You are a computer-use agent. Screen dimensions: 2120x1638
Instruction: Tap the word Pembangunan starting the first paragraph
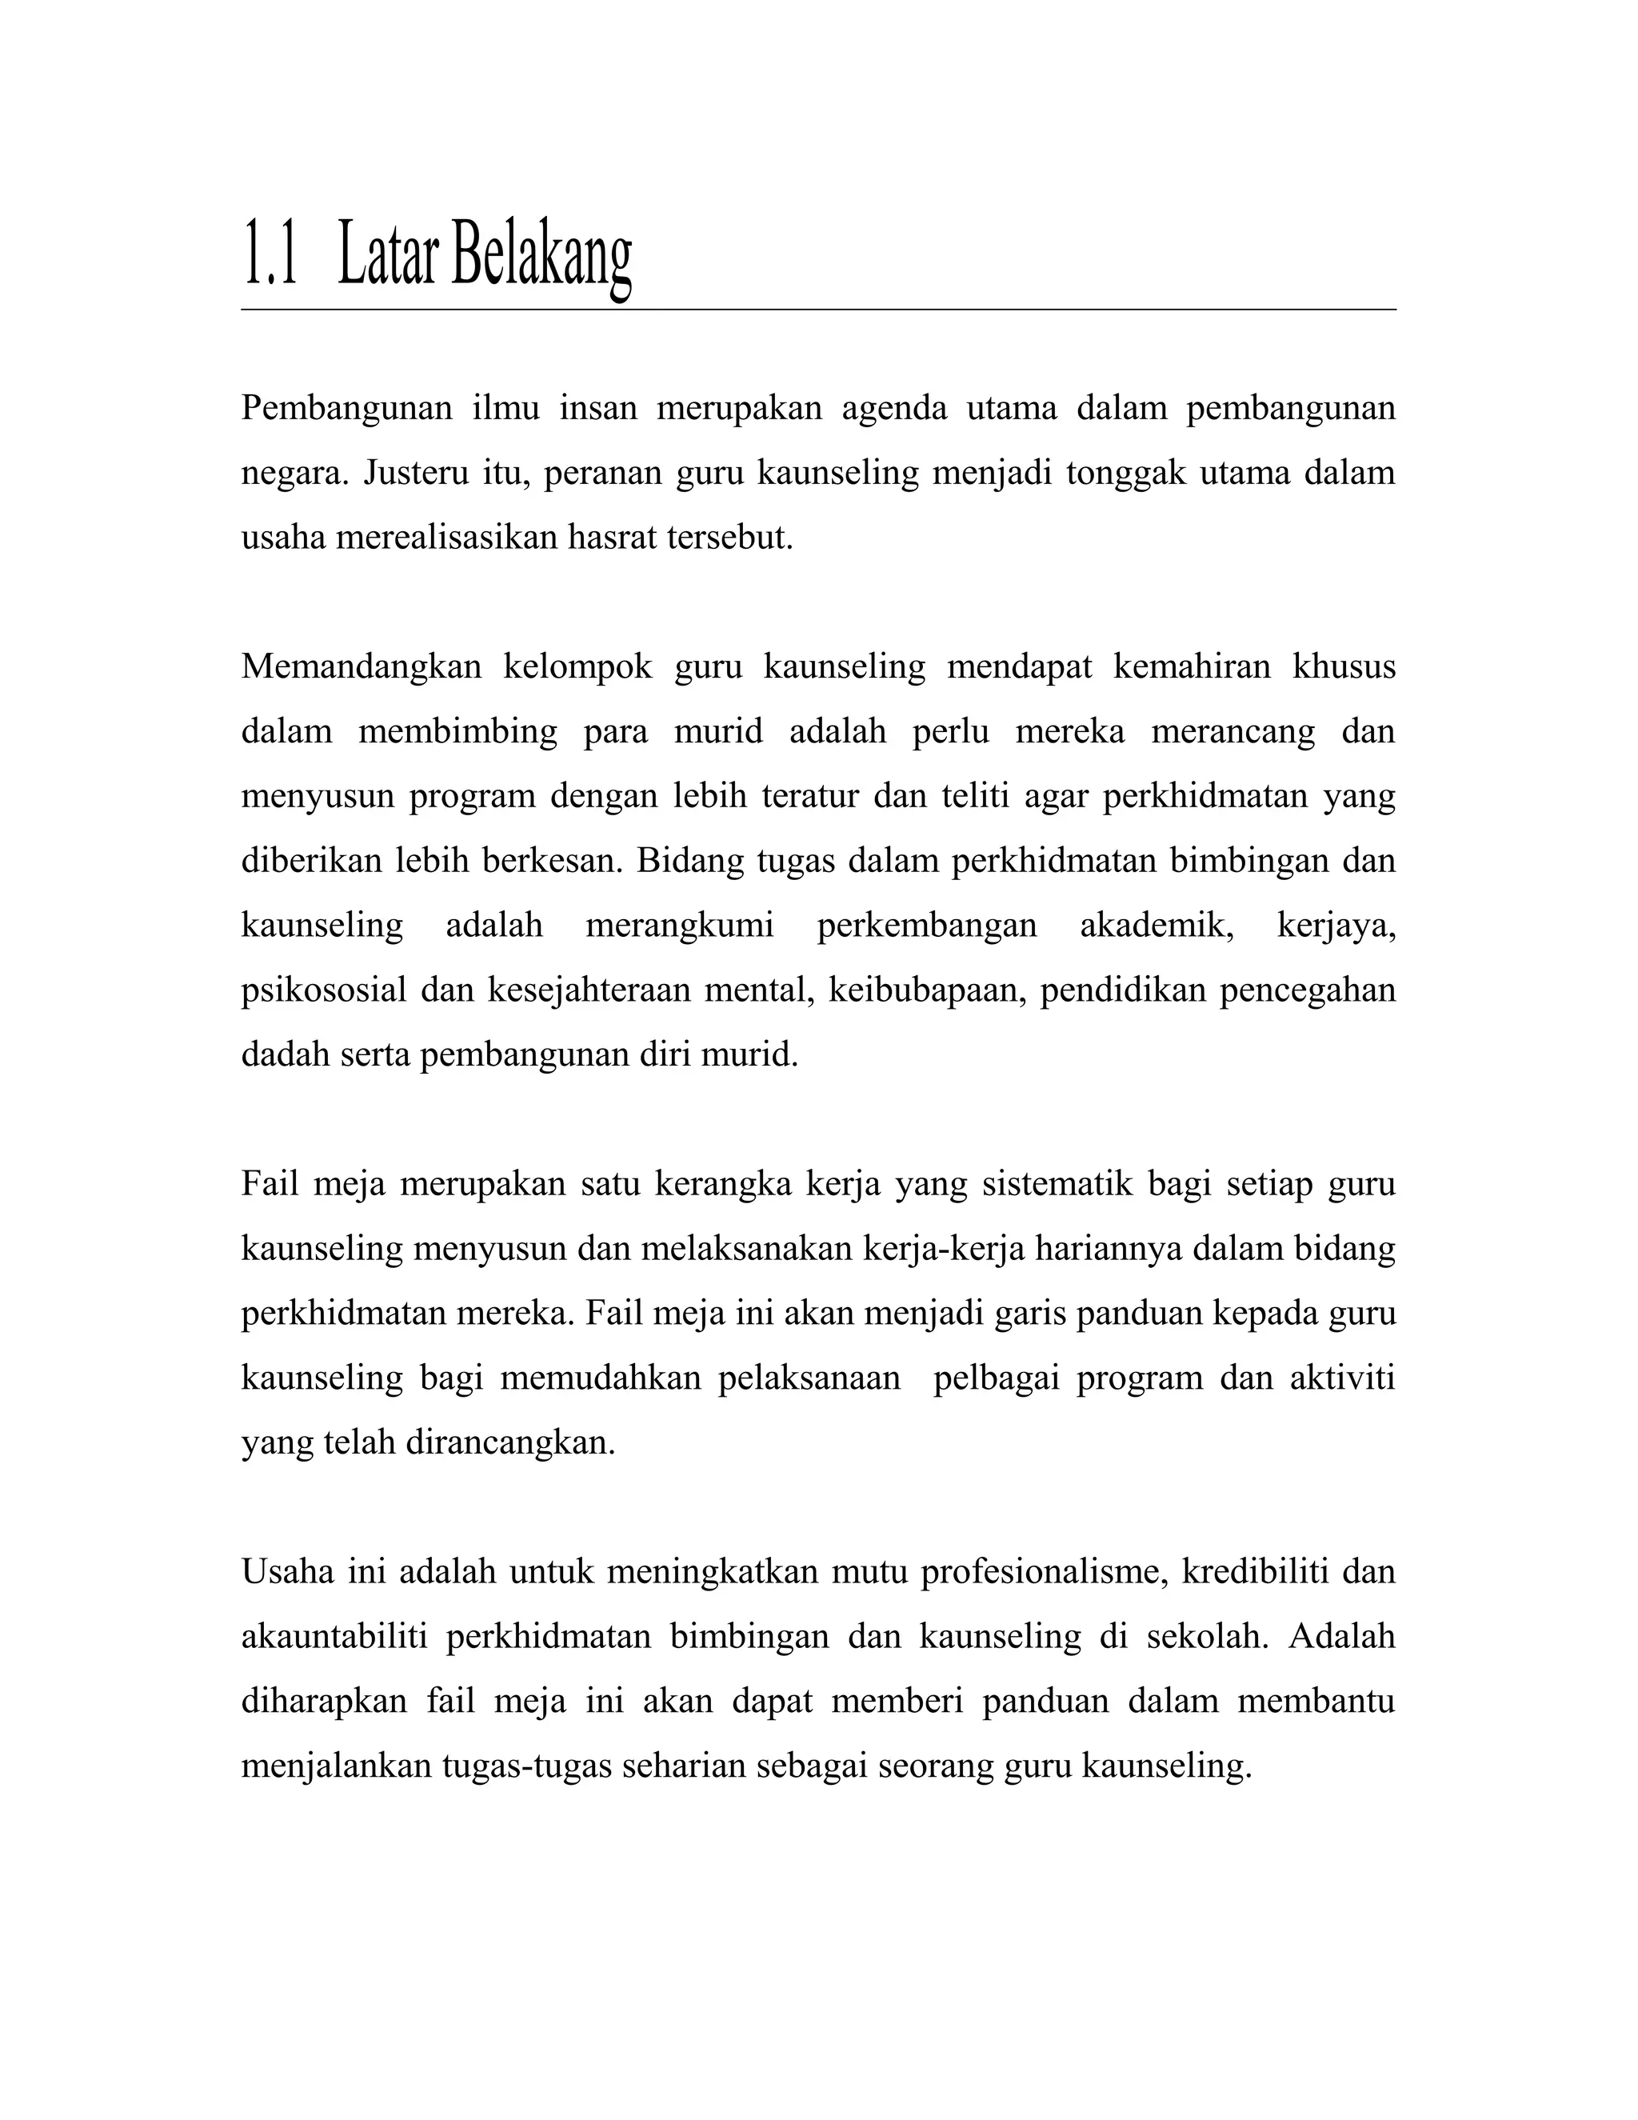tap(346, 409)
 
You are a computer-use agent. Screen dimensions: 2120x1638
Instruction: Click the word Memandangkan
tap(361, 668)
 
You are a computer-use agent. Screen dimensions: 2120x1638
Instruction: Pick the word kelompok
tap(577, 668)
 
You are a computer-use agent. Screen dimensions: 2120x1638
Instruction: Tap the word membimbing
tap(458, 732)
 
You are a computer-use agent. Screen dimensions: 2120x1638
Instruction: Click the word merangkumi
tap(679, 926)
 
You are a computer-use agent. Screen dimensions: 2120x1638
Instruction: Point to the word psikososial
tap(323, 991)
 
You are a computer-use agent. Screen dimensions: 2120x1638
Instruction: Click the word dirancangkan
tap(510, 1443)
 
